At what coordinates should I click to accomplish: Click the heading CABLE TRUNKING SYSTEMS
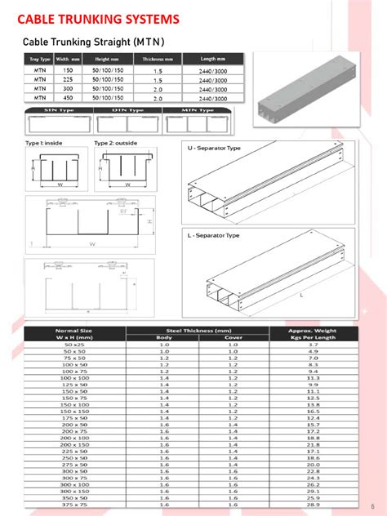tap(99, 18)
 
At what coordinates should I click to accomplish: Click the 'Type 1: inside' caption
tap(43, 144)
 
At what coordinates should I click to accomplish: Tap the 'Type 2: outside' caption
tap(116, 144)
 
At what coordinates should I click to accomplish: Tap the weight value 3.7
tap(312, 345)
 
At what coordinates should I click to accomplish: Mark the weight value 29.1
tap(312, 491)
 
